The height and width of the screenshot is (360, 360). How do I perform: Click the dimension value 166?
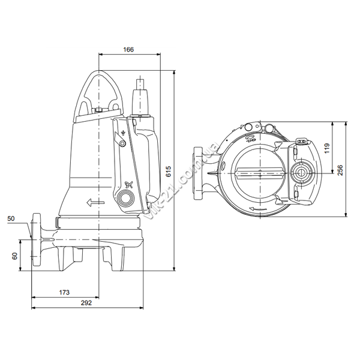pyautogui.click(x=128, y=49)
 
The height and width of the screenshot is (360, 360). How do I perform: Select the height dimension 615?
pyautogui.click(x=169, y=171)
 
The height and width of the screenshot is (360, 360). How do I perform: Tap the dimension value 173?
pyautogui.click(x=64, y=292)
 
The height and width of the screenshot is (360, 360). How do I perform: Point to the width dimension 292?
pyautogui.click(x=86, y=303)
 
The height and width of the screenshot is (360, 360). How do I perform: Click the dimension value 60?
pyautogui.click(x=14, y=256)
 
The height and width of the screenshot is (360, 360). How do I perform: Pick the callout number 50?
pyautogui.click(x=11, y=218)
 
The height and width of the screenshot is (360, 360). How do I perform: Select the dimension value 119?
pyautogui.click(x=327, y=148)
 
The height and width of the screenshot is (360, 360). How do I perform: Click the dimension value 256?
pyautogui.click(x=340, y=170)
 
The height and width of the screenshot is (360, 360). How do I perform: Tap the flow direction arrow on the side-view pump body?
pyautogui.click(x=95, y=203)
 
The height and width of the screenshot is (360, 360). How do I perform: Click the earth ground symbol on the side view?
pyautogui.click(x=123, y=133)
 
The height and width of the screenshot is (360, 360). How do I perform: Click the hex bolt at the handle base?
pyautogui.click(x=99, y=110)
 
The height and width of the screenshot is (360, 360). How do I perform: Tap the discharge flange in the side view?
pyautogui.click(x=36, y=239)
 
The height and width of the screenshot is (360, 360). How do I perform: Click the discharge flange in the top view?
pyautogui.click(x=197, y=173)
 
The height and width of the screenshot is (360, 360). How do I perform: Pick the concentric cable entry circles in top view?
pyautogui.click(x=300, y=173)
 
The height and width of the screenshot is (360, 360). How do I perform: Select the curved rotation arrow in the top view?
pyautogui.click(x=258, y=209)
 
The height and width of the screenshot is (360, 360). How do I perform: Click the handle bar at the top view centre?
pyautogui.click(x=260, y=173)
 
